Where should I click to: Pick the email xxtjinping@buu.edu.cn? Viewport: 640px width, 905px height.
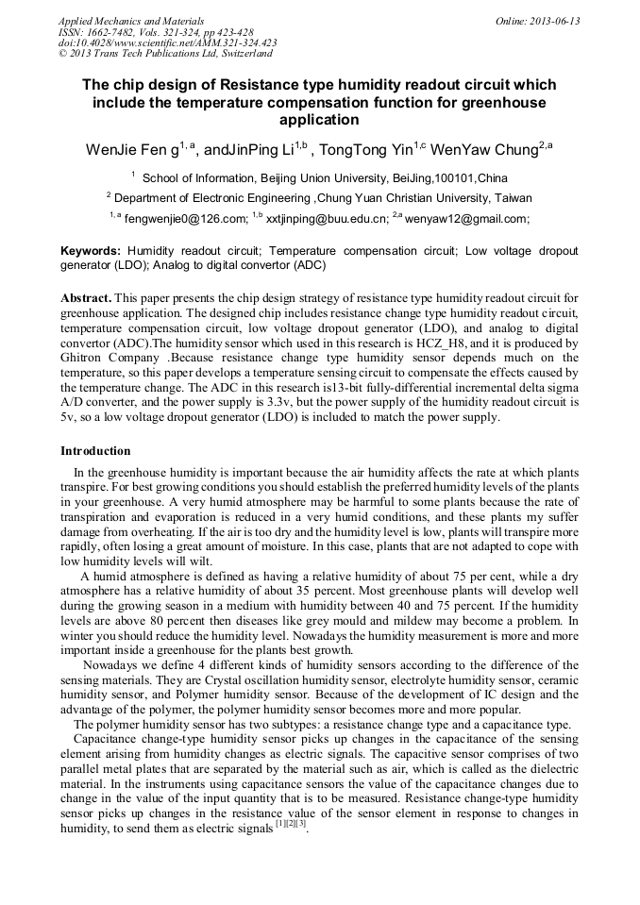pos(327,218)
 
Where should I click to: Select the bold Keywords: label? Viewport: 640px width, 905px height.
pos(91,252)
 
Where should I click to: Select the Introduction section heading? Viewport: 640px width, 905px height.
pos(95,451)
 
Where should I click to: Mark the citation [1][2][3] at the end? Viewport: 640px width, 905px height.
pos(290,824)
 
